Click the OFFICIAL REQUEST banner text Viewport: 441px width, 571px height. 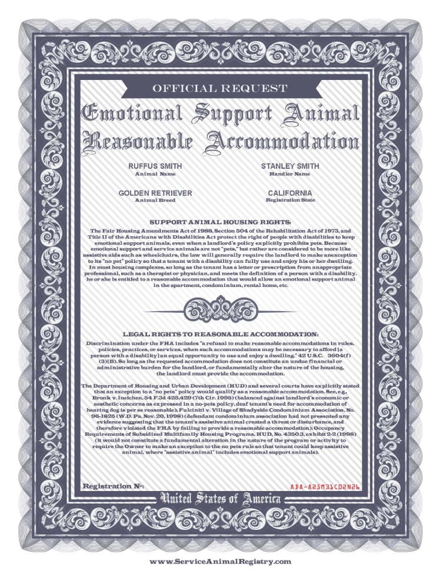(220, 89)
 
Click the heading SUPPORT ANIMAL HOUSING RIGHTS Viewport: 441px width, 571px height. (220, 222)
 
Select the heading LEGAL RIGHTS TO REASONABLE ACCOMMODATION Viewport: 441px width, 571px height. (220, 334)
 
